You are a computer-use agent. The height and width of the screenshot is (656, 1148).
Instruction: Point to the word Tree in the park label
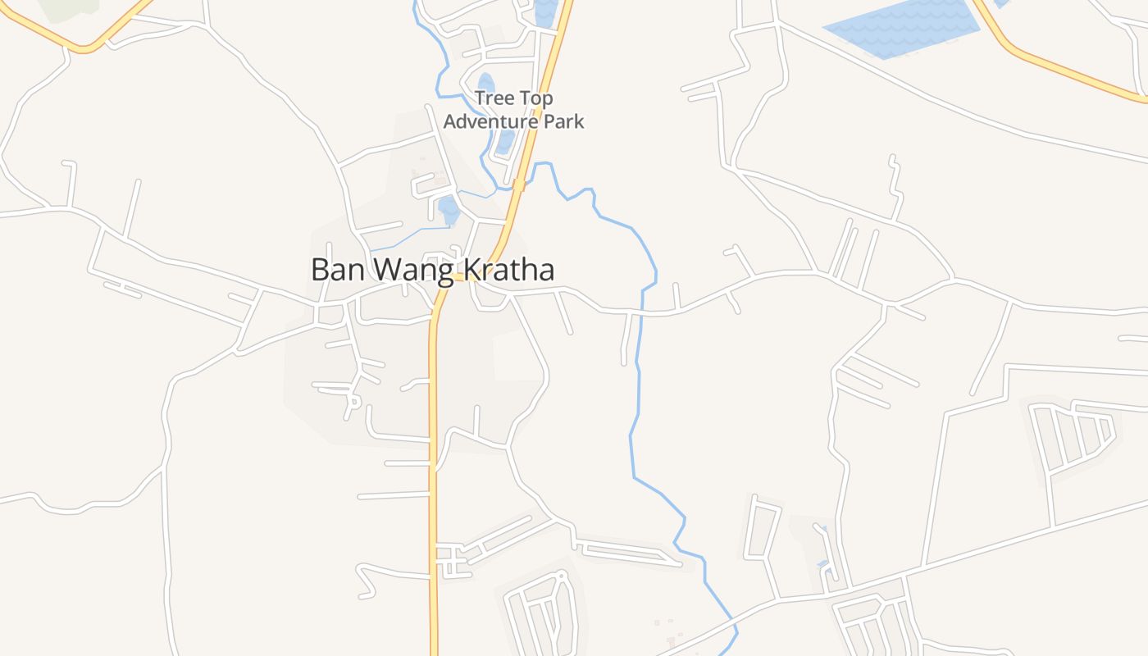tap(494, 98)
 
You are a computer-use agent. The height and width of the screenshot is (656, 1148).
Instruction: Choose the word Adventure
tap(490, 121)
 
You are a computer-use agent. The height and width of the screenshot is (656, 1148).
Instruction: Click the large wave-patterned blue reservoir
tap(902, 28)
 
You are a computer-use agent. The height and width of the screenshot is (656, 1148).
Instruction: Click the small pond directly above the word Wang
tap(449, 209)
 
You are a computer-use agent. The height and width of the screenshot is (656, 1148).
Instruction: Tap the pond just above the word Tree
tap(485, 84)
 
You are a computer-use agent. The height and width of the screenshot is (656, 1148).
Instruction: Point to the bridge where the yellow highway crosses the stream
tap(518, 185)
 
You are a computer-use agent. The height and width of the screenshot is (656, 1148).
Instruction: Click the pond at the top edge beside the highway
tap(544, 12)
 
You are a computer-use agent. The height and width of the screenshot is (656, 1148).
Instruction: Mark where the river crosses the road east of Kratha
tap(641, 312)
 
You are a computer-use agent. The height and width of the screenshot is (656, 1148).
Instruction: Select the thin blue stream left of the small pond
tap(410, 238)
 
